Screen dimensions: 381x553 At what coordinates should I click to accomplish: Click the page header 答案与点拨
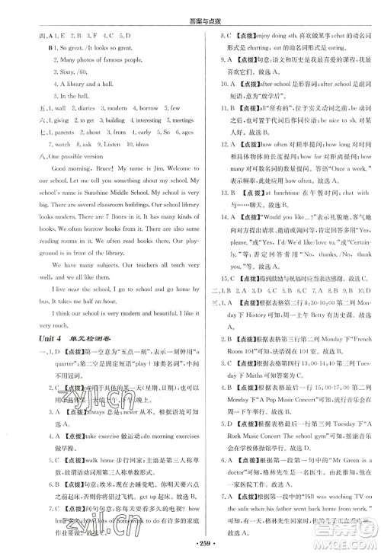(x=190, y=8)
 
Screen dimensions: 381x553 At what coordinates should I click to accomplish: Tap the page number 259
(x=190, y=541)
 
